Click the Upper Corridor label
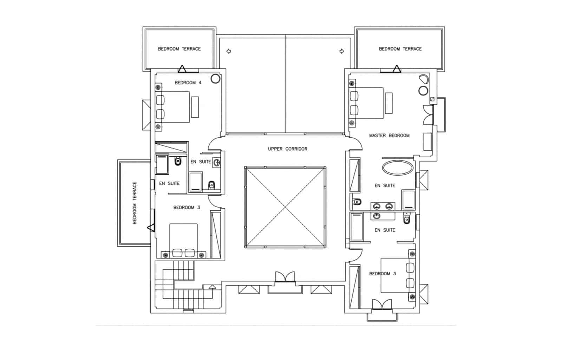[287, 149]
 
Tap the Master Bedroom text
[389, 136]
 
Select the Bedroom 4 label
[188, 83]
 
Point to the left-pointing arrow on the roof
[229, 51]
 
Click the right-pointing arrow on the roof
[342, 51]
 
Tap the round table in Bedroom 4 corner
[215, 79]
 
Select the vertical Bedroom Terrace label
[135, 203]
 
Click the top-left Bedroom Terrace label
[179, 49]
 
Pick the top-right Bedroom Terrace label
[400, 49]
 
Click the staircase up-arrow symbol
[212, 287]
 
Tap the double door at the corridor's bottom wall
[285, 277]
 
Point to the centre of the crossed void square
[285, 207]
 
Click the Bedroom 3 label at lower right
[383, 274]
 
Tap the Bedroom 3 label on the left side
[187, 208]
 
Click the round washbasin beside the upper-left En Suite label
[217, 162]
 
